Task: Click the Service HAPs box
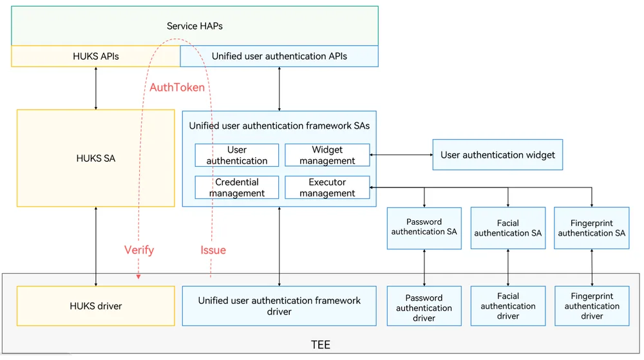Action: click(x=194, y=26)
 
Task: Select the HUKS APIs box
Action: click(x=96, y=56)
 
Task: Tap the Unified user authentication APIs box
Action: click(x=279, y=56)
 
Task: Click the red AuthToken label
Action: click(x=177, y=88)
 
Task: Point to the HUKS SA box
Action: click(x=96, y=158)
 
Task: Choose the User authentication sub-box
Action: click(x=237, y=155)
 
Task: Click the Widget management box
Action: click(x=327, y=155)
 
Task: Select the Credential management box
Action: click(x=237, y=187)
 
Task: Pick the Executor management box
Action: click(x=327, y=187)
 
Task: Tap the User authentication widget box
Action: click(x=498, y=155)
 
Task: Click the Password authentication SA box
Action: click(x=424, y=228)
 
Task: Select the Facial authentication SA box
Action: click(x=508, y=228)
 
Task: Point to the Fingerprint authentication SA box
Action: click(x=592, y=228)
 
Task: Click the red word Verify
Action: click(x=139, y=250)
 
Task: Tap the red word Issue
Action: click(x=213, y=250)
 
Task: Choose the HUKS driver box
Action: click(x=96, y=306)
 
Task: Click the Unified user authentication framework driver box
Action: click(x=279, y=306)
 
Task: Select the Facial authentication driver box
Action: click(x=508, y=306)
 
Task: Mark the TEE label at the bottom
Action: click(x=320, y=345)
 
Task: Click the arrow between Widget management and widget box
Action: click(x=401, y=155)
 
